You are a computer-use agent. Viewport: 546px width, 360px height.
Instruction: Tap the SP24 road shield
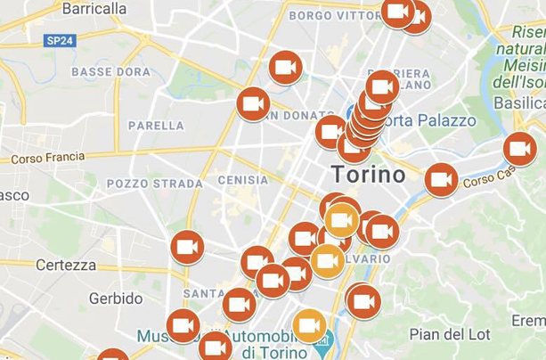(x=61, y=40)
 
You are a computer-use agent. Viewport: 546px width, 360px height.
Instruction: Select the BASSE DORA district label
(x=110, y=71)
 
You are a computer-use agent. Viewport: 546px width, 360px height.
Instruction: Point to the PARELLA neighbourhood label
(x=156, y=126)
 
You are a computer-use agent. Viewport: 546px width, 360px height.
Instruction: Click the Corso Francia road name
(x=47, y=158)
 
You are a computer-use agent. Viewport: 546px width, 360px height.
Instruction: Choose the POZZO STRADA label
(x=142, y=184)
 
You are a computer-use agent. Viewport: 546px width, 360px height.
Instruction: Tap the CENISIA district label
(x=242, y=179)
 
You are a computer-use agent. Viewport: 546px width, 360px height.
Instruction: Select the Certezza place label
(x=66, y=265)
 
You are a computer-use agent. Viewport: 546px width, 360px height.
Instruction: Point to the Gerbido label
(x=116, y=299)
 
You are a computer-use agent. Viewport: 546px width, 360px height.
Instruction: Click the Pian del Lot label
(x=449, y=334)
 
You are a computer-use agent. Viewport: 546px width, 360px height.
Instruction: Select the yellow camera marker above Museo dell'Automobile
(x=309, y=326)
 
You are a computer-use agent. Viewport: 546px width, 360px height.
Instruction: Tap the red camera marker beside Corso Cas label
(x=441, y=179)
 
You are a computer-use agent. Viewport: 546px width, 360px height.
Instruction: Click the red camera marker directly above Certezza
(x=187, y=248)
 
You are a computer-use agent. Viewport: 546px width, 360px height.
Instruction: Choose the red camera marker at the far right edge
(x=520, y=149)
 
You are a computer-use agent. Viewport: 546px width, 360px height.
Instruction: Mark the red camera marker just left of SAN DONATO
(x=253, y=104)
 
